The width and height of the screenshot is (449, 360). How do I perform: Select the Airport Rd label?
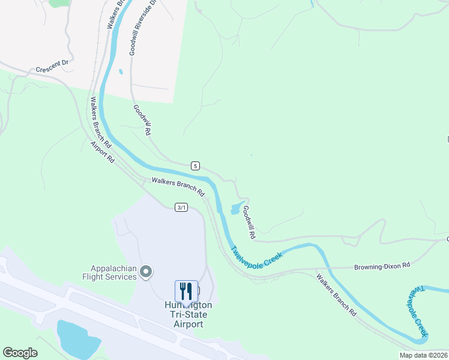pos(103,153)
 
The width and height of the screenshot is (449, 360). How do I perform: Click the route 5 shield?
pos(195,166)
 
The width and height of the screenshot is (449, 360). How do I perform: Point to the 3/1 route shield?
pos(182,207)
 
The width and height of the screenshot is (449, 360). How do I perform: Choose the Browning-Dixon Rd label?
pos(381,265)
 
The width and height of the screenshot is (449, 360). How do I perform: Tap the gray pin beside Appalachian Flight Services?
pos(145,273)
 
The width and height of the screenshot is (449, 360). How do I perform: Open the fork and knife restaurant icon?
pos(186,292)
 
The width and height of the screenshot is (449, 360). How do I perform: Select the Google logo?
pos(20,353)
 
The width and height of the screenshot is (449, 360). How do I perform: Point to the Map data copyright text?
pos(424,355)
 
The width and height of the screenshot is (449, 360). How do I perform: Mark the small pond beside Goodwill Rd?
pos(235,209)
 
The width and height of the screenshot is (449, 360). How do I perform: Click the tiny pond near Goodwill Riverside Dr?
pos(121,72)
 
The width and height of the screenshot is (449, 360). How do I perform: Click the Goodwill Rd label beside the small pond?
pos(249,220)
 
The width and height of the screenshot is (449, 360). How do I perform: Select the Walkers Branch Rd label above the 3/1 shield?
pos(178,187)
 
